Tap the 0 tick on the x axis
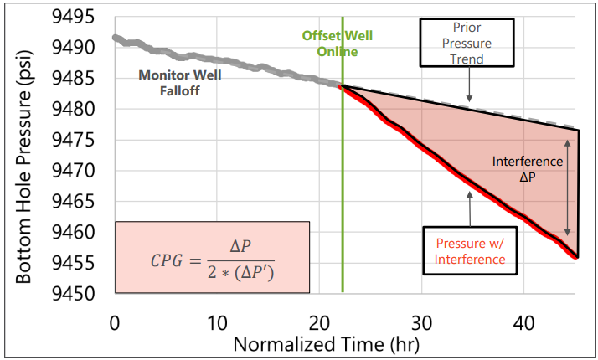pyautogui.click(x=115, y=323)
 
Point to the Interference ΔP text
pyautogui.click(x=526, y=168)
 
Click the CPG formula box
pyautogui.click(x=212, y=257)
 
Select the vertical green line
pyautogui.click(x=343, y=209)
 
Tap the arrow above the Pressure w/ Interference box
pyautogui.click(x=470, y=208)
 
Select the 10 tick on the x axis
pyautogui.click(x=217, y=323)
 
